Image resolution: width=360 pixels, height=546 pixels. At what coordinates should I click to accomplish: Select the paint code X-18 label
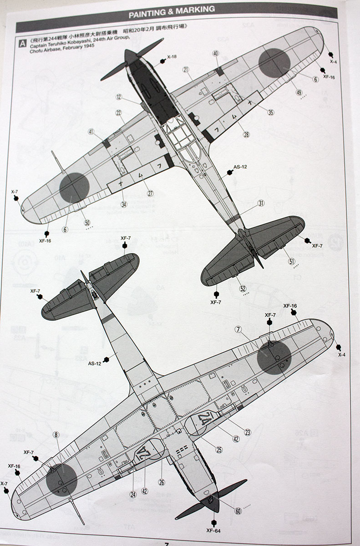[172, 57]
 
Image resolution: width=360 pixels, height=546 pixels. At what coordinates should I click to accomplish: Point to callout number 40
[215, 53]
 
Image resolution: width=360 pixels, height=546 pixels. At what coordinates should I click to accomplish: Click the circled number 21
[186, 69]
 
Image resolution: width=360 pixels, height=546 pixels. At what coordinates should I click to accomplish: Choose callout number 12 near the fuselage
[119, 97]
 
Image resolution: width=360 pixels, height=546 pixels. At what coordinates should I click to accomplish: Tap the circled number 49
[299, 92]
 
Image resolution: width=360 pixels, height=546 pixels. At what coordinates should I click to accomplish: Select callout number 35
[271, 112]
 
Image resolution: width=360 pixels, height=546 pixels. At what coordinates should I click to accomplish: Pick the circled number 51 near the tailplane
[292, 261]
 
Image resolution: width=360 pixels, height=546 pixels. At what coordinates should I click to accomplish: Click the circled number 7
[239, 329]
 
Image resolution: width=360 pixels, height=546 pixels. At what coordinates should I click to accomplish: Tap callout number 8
[56, 435]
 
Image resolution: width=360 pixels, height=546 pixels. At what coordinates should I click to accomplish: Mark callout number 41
[91, 132]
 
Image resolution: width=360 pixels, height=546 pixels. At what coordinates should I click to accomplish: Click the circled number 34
[124, 204]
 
